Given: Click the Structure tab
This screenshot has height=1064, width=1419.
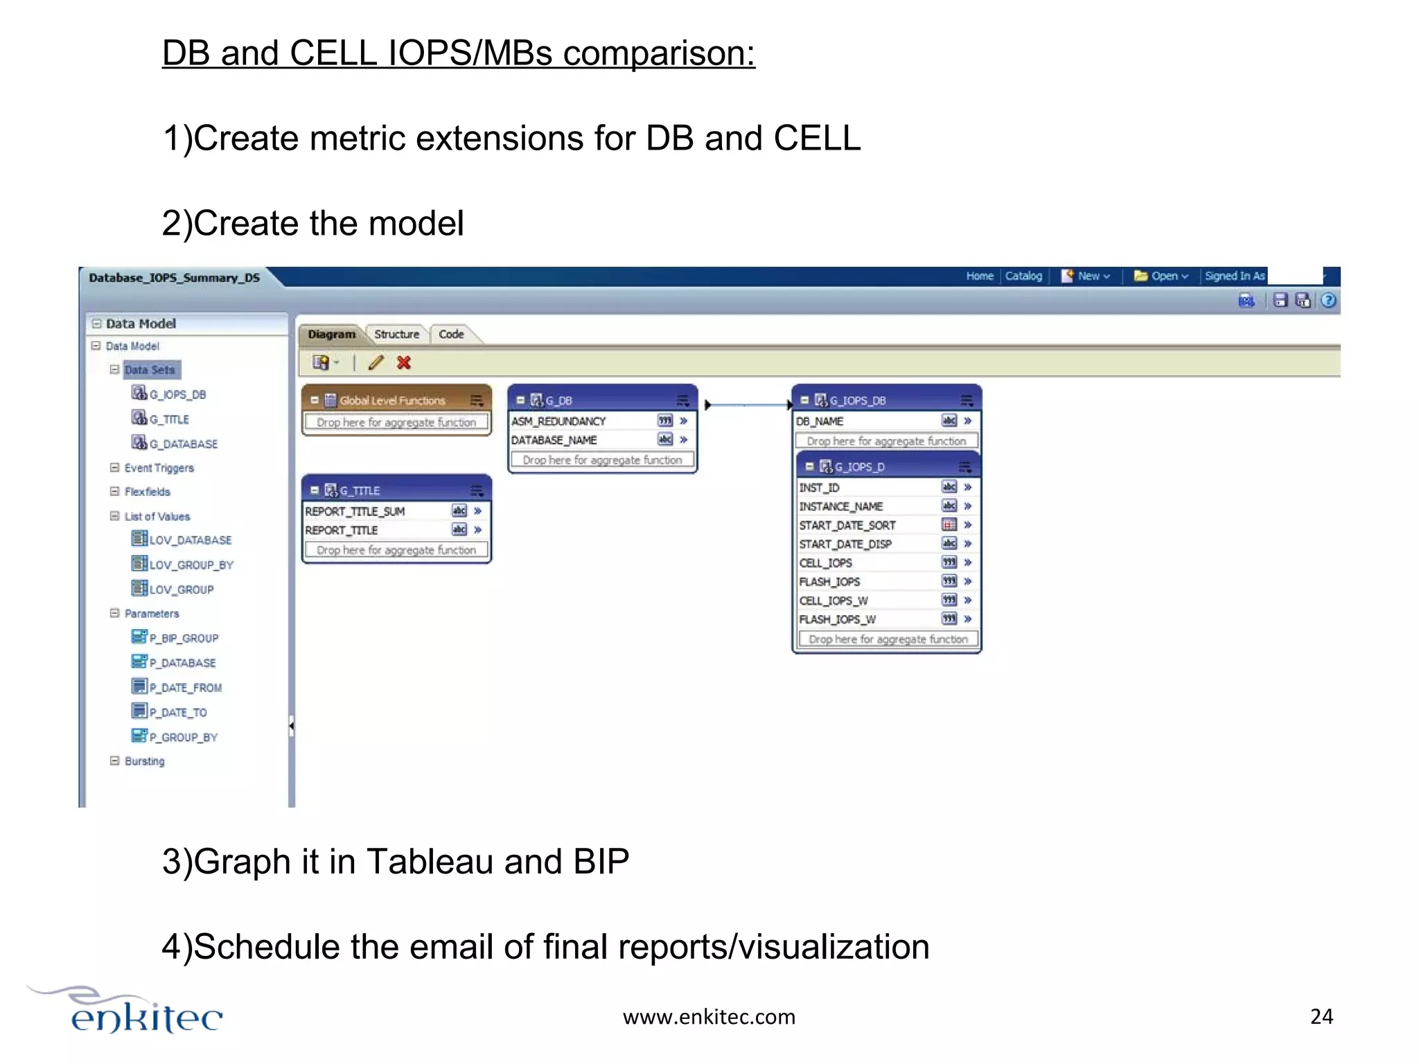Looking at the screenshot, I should pyautogui.click(x=396, y=335).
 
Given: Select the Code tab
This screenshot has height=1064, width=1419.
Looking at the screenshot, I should pyautogui.click(x=451, y=335).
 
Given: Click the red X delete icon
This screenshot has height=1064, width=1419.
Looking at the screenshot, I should pyautogui.click(x=404, y=362).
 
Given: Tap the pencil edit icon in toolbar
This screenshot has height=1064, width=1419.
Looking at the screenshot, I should pyautogui.click(x=376, y=362).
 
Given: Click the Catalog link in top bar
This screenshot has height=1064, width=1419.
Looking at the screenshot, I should pyautogui.click(x=1023, y=276).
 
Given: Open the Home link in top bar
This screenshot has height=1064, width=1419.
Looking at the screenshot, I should pyautogui.click(x=980, y=276).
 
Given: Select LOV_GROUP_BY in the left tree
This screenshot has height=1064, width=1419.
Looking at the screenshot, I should pyautogui.click(x=191, y=565).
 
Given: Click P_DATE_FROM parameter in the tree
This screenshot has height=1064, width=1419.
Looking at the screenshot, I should pyautogui.click(x=186, y=688).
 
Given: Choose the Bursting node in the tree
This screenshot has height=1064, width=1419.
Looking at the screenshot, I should pyautogui.click(x=145, y=761).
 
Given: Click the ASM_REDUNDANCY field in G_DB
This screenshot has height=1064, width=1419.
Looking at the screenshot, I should pyautogui.click(x=558, y=421).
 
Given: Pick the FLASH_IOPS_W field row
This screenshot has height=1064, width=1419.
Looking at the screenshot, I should pyautogui.click(x=838, y=619).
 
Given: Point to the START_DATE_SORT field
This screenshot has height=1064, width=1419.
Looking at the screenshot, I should pyautogui.click(x=847, y=525).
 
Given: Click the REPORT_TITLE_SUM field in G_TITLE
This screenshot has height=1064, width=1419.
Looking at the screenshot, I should pyautogui.click(x=355, y=511).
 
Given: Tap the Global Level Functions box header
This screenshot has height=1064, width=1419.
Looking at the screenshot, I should pyautogui.click(x=392, y=400).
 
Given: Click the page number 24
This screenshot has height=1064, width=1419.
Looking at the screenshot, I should pyautogui.click(x=1321, y=1016).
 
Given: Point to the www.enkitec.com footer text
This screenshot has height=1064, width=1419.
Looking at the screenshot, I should pyautogui.click(x=709, y=1017).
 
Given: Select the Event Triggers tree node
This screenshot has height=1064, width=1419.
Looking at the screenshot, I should pyautogui.click(x=159, y=468).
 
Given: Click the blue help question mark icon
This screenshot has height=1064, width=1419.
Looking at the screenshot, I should pyautogui.click(x=1328, y=300).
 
